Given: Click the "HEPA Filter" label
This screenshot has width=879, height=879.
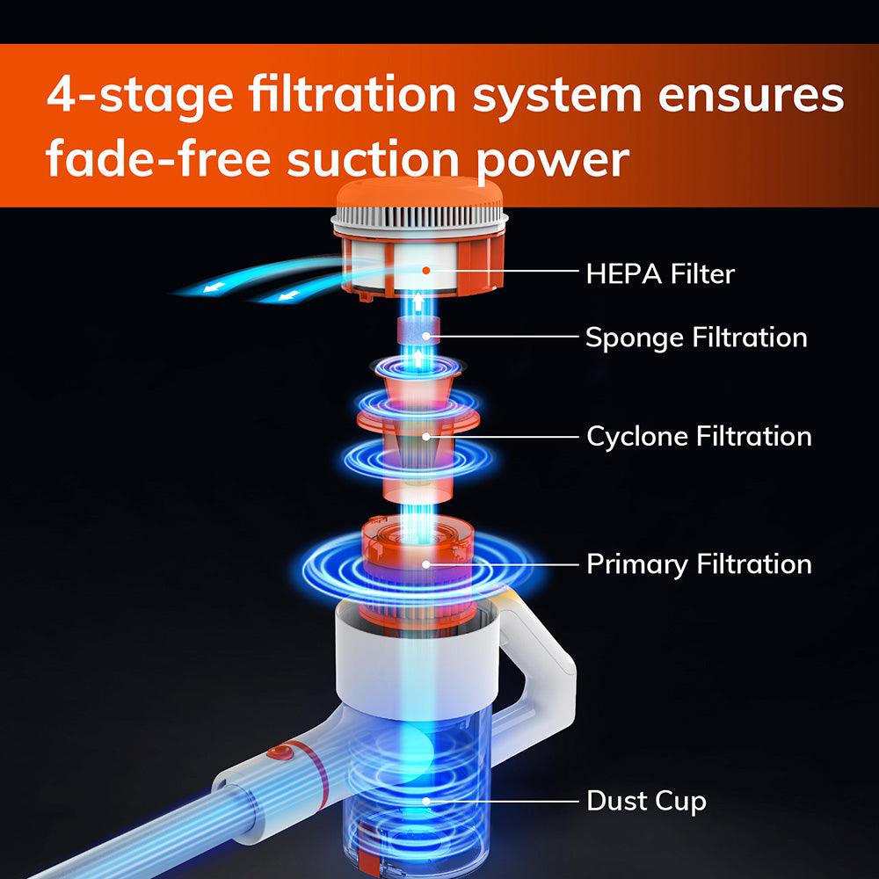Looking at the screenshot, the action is click(660, 274).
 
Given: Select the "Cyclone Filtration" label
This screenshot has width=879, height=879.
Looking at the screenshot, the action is click(699, 437).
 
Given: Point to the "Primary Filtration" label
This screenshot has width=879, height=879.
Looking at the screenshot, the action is click(699, 564).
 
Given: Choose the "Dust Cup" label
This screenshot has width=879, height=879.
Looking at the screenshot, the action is click(646, 801).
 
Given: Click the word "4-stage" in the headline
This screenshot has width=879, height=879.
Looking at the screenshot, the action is click(140, 94).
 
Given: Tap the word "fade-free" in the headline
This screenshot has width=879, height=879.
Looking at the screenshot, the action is click(158, 159).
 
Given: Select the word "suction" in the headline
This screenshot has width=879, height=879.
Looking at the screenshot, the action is click(374, 159).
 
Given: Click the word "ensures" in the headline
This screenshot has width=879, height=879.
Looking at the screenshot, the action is click(751, 95).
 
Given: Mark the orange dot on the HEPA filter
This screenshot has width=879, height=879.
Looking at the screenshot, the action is click(426, 271).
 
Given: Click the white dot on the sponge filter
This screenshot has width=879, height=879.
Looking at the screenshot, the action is click(426, 337).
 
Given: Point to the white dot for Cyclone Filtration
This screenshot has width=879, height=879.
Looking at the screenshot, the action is click(426, 437).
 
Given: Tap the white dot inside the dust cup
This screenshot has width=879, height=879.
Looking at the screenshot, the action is click(426, 801).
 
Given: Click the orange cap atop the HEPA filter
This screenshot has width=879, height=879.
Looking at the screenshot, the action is click(420, 193).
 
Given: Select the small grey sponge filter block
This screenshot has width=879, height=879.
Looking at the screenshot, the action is click(418, 331).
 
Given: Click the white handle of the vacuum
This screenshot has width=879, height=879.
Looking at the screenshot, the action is click(538, 679).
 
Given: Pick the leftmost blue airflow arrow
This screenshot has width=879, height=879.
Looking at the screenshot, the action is click(214, 288).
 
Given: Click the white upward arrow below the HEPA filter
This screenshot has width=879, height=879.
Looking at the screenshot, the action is click(418, 302).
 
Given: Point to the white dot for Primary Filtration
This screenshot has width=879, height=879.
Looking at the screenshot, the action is click(426, 564).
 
